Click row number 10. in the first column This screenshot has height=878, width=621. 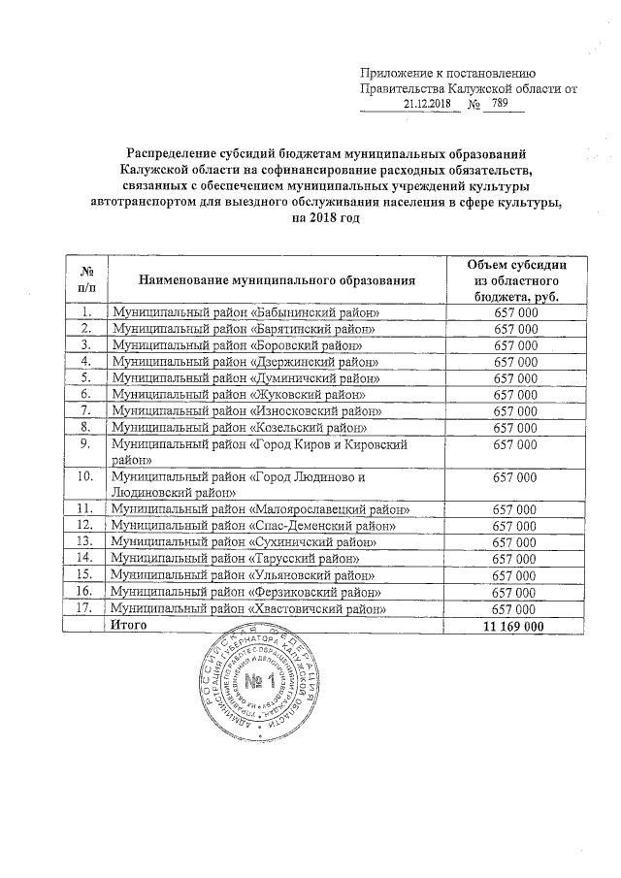coord(84,476)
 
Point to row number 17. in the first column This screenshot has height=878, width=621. coord(84,608)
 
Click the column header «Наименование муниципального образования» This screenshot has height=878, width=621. coord(277,279)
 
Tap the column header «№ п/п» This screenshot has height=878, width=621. coord(85,279)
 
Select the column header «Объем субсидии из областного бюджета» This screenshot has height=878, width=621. coord(515,279)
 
